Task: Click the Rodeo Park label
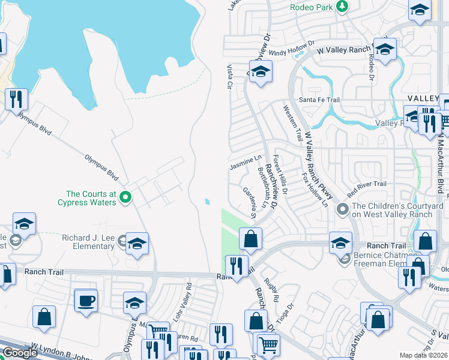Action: coord(312,7)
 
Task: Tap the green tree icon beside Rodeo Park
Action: coord(342,7)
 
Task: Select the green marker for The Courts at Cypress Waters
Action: coord(125,196)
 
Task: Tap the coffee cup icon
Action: coord(85,299)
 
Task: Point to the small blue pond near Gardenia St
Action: coord(207,202)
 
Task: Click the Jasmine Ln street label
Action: coord(246,162)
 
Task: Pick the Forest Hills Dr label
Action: coord(280,175)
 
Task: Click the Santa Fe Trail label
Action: coord(319,100)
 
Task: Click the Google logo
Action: coord(20,352)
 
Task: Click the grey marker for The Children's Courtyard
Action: coord(343,209)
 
